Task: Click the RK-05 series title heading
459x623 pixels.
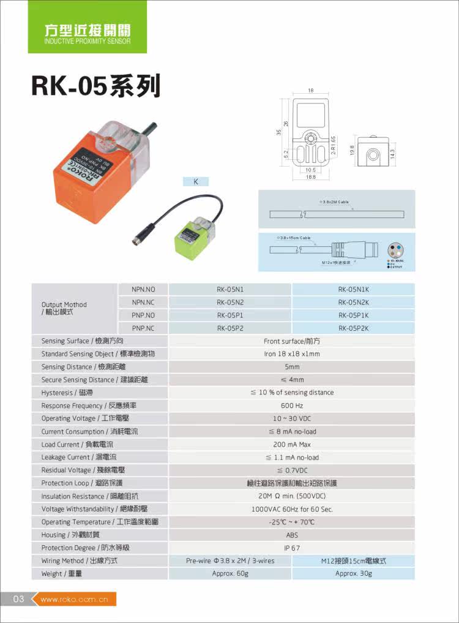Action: [x=96, y=86]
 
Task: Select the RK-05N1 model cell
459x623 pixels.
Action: [x=229, y=289]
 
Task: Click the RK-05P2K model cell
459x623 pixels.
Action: [x=353, y=328]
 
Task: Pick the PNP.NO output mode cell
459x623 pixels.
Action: [x=143, y=315]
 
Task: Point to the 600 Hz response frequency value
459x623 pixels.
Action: [x=291, y=406]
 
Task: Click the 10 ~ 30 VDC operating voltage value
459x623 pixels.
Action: [x=291, y=418]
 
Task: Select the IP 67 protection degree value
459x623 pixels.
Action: [x=291, y=548]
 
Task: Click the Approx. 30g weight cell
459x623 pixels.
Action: [x=353, y=574]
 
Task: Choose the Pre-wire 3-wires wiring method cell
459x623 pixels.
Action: [x=229, y=561]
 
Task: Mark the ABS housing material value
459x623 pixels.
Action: [x=291, y=535]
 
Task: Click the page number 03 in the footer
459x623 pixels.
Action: [x=18, y=599]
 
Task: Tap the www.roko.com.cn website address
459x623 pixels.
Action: [x=74, y=600]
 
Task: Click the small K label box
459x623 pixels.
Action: [x=196, y=181]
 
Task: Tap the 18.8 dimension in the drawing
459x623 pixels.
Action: [x=310, y=177]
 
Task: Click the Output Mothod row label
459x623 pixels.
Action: [x=64, y=308]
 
